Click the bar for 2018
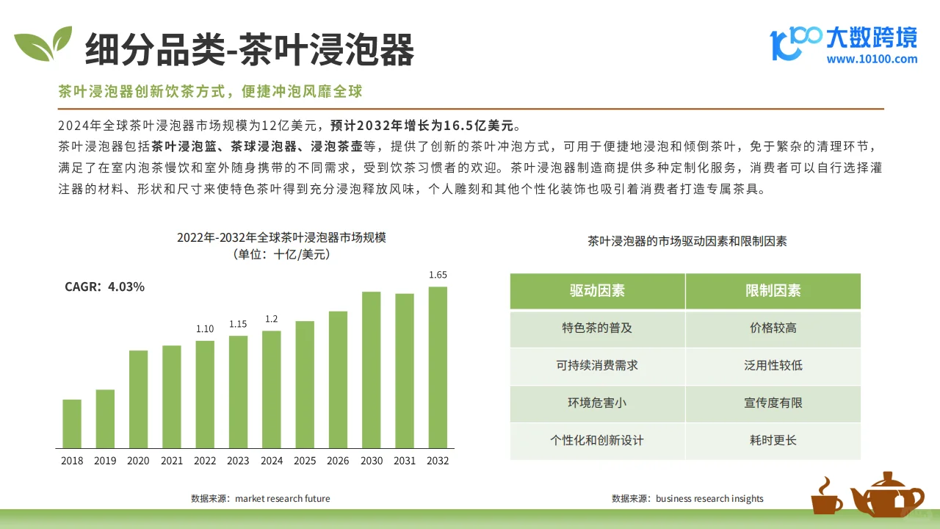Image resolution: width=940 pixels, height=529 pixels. (72, 424)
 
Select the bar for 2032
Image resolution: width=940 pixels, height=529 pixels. (438, 367)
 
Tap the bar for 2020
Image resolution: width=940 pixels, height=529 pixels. (138, 399)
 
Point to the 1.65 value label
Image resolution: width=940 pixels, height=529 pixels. (438, 275)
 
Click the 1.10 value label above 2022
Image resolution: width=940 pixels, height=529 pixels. (205, 328)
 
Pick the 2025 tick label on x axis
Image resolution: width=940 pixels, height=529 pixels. (305, 461)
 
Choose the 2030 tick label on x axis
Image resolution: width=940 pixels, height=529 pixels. (371, 461)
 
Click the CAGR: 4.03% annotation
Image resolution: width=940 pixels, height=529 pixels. (104, 287)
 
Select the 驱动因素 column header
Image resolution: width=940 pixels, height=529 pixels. (597, 291)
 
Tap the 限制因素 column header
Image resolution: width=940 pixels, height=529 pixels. (773, 291)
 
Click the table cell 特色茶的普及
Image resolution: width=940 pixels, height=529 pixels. (597, 328)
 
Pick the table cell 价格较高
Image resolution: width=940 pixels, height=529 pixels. (773, 328)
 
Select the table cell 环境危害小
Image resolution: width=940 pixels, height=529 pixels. (597, 403)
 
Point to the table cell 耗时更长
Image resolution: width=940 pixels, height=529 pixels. (773, 441)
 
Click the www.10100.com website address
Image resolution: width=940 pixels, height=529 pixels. (872, 60)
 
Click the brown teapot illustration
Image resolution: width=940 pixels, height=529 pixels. (887, 494)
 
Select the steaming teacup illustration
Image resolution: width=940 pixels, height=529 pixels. (827, 497)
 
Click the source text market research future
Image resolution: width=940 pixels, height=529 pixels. (283, 498)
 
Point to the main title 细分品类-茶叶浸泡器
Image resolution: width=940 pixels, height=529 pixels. (250, 50)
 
